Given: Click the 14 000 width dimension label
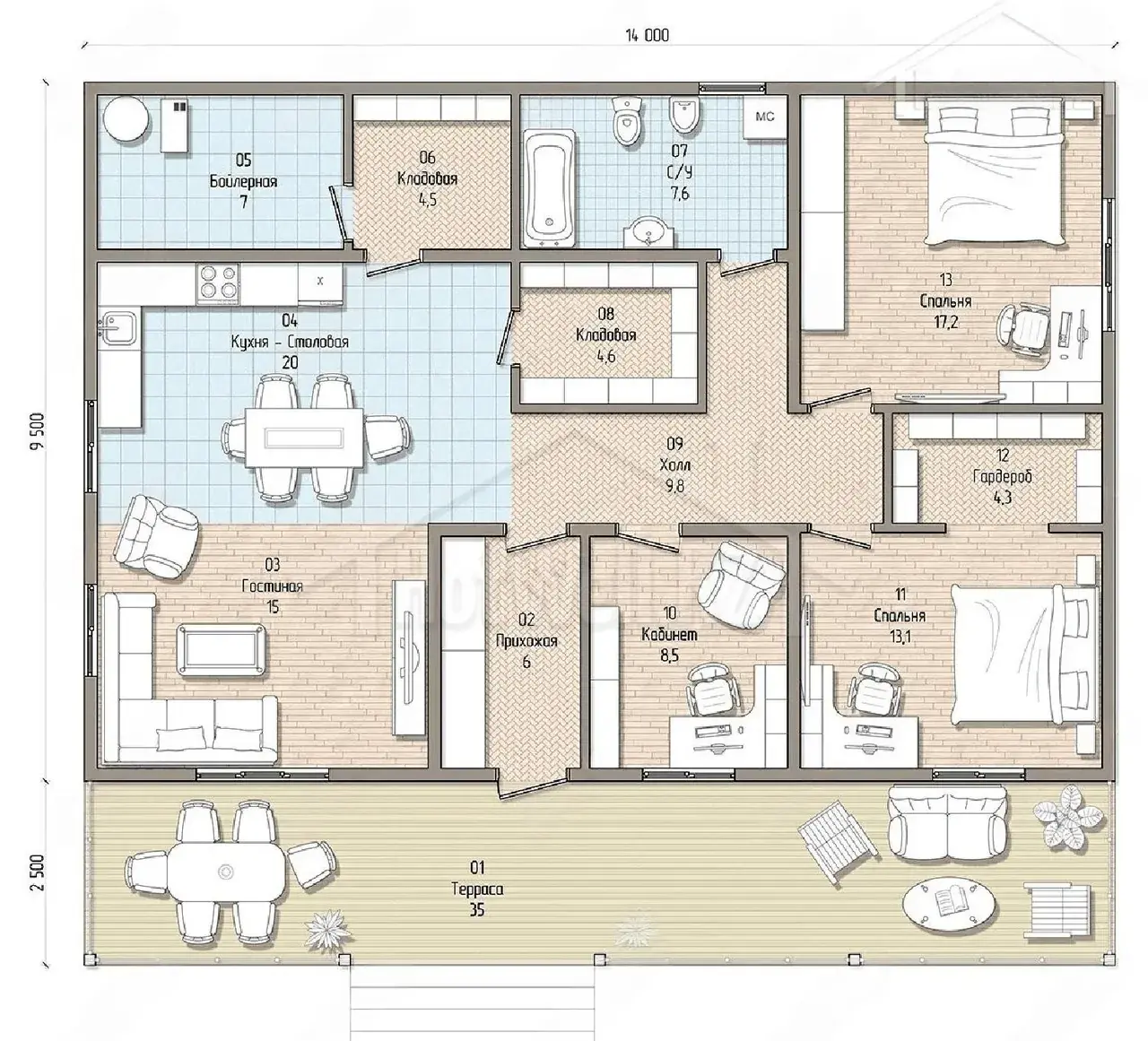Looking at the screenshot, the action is (647, 36).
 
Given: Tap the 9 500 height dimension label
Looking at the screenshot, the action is (38, 431).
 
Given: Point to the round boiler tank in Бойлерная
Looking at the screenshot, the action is (126, 120).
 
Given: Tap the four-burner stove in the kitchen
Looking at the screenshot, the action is (218, 283).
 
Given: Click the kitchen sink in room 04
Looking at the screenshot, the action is (119, 328).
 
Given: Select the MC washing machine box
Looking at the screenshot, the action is (764, 117).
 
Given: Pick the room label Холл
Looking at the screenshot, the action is (674, 464).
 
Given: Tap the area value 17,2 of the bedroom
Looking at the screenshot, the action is (946, 322).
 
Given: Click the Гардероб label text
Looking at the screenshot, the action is (1002, 476).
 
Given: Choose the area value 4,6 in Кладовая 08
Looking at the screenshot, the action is (606, 357).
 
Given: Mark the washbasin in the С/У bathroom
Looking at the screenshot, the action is (648, 230).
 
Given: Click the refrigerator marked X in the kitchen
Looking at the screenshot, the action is (320, 282).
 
